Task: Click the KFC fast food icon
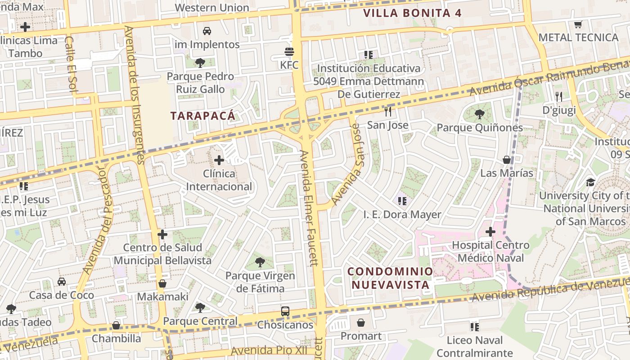(289, 52)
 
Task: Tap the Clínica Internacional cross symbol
(219, 160)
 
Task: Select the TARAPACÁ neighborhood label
(203, 116)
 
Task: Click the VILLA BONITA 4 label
(412, 13)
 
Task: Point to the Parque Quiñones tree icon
(480, 114)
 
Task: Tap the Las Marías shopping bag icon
(507, 160)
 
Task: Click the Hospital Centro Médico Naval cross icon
(490, 232)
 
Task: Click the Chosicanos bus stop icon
(285, 311)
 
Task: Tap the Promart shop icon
(361, 323)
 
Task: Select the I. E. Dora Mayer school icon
(402, 201)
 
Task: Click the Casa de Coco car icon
(62, 282)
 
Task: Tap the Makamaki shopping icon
(162, 283)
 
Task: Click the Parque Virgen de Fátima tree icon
(260, 262)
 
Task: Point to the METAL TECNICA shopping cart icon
(578, 24)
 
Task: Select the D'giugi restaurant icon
(559, 96)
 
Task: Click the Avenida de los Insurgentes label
(134, 94)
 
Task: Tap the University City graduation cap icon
(590, 182)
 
